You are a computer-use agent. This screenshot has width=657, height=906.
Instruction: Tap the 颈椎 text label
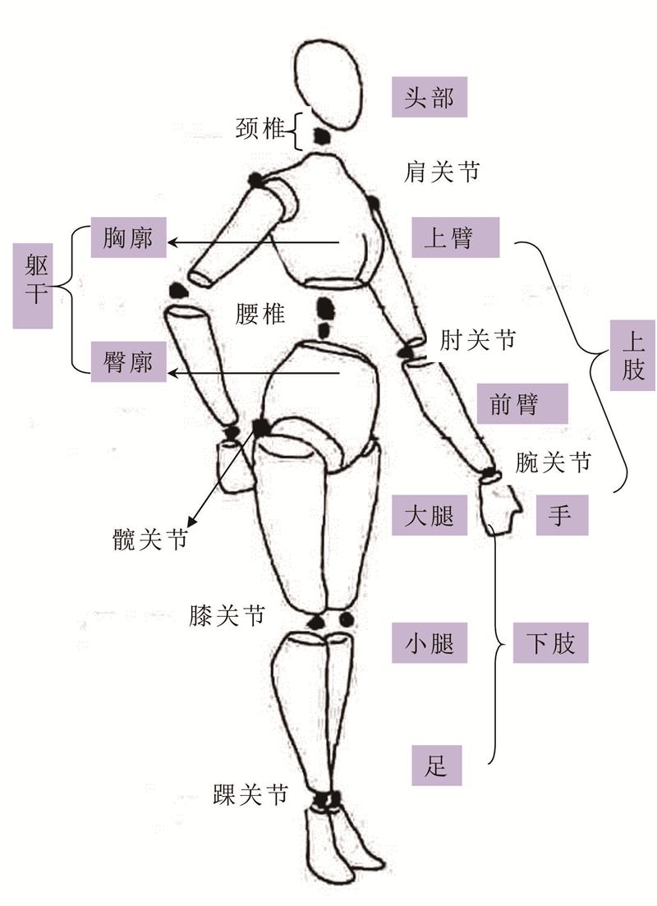[x=261, y=129]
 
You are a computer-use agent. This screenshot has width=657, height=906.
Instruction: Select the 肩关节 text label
[x=442, y=172]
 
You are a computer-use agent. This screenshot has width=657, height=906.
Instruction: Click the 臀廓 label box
[x=129, y=361]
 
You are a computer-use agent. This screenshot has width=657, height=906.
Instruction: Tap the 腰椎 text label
[x=260, y=314]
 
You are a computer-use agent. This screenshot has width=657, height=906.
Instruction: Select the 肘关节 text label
[x=478, y=339]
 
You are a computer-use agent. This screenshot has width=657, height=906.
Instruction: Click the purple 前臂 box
[x=521, y=403]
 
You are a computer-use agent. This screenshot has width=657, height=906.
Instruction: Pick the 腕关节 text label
[x=553, y=462]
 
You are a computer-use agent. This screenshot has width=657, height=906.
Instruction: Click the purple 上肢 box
[x=632, y=358]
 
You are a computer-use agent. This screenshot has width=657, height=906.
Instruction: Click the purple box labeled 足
[x=436, y=766]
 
